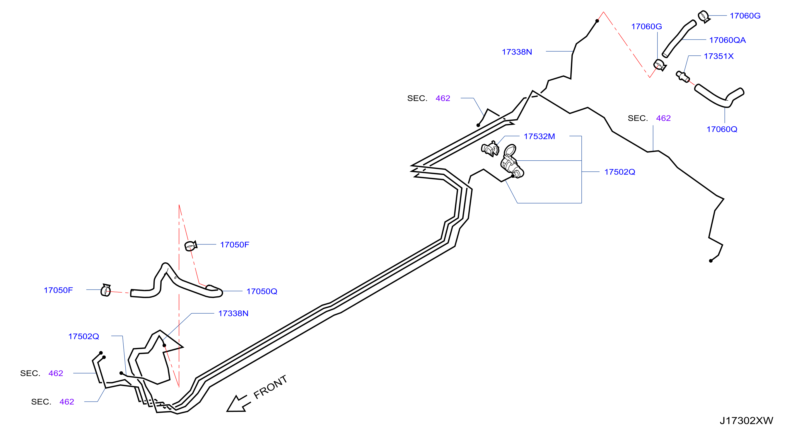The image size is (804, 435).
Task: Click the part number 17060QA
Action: [x=727, y=40]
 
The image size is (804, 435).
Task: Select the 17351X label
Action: [x=718, y=56]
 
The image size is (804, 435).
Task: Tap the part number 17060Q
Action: [x=722, y=129]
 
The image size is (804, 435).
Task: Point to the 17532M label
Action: [x=539, y=137]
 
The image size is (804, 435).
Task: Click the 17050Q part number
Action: [x=262, y=291]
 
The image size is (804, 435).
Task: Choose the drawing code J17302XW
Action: [x=746, y=421]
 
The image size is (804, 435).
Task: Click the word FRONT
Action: [x=270, y=387]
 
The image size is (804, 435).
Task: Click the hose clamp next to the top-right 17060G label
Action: [x=704, y=16]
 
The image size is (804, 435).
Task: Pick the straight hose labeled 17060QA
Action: [x=679, y=39]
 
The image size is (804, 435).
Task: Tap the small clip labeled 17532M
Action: [x=490, y=149]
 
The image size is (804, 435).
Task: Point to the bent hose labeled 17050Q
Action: [x=176, y=282]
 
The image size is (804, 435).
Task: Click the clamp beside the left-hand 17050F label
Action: [x=106, y=290]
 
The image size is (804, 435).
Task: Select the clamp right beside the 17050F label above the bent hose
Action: [x=191, y=246]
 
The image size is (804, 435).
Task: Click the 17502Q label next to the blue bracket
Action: [x=619, y=172]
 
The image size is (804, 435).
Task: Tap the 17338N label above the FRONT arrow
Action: [x=233, y=314]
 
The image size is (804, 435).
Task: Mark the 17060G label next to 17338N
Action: [x=646, y=27]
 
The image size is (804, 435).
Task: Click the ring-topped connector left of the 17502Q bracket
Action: [x=512, y=162]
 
